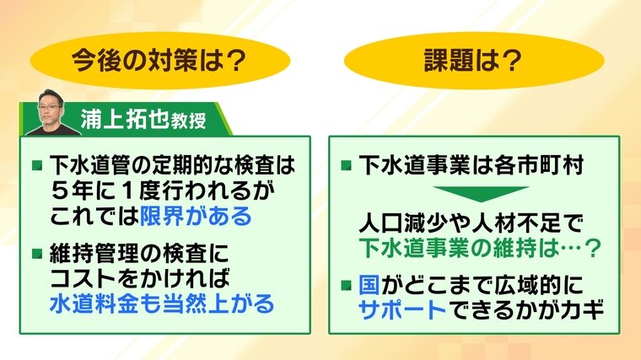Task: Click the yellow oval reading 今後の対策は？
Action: pos(160,61)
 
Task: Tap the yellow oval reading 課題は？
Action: pos(474,61)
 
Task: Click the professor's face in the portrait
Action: pos(51,108)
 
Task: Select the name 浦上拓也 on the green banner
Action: pos(125,120)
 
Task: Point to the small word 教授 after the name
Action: pos(188,121)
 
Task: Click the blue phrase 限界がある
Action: pos(196,215)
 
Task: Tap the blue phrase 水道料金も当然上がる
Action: pos(162,304)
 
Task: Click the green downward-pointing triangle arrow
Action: pos(481,194)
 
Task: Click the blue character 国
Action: pos(369,285)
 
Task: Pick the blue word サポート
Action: pos(402,309)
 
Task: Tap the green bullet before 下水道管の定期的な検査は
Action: pos(37,165)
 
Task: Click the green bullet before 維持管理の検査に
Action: pos(37,254)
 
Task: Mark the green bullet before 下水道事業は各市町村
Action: pos(347,165)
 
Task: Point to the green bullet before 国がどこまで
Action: pos(347,285)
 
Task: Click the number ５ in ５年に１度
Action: pos(61,191)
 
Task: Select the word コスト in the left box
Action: pos(83,279)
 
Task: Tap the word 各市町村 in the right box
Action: pos(539,165)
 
